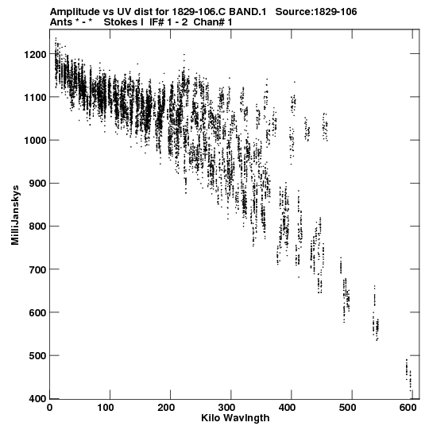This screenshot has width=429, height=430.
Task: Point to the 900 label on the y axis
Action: [x=38, y=184]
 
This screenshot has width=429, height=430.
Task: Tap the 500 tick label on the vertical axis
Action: [x=38, y=355]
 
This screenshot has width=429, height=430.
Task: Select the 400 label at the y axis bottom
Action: [x=38, y=399]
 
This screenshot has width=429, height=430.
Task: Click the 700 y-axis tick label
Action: [x=38, y=269]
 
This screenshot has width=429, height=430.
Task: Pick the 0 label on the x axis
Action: [x=49, y=408]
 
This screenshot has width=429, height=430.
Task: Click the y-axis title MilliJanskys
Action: [x=15, y=215]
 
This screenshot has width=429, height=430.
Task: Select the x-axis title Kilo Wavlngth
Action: [x=235, y=419]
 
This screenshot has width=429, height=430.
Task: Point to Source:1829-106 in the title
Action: [x=316, y=12]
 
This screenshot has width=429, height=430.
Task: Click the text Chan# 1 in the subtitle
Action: [x=213, y=22]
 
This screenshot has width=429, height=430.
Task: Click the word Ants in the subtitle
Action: [x=61, y=22]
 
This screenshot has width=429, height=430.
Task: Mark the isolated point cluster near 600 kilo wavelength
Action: [x=408, y=374]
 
